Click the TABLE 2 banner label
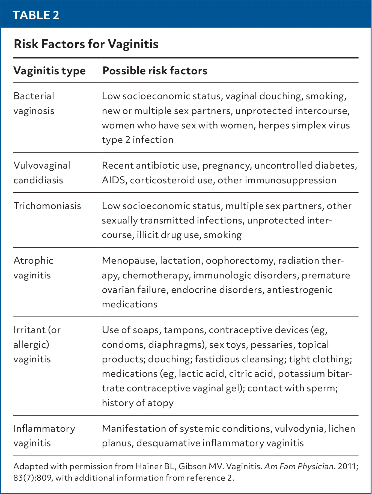[36, 15]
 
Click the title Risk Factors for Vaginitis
[86, 44]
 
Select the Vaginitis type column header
[49, 71]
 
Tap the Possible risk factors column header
[155, 71]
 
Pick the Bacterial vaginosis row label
[34, 103]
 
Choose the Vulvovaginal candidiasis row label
[42, 173]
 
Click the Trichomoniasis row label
[47, 206]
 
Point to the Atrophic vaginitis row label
[33, 268]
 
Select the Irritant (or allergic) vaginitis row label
[37, 344]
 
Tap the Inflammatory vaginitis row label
[44, 436]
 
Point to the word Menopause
[129, 260]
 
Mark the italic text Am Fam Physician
[299, 466]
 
